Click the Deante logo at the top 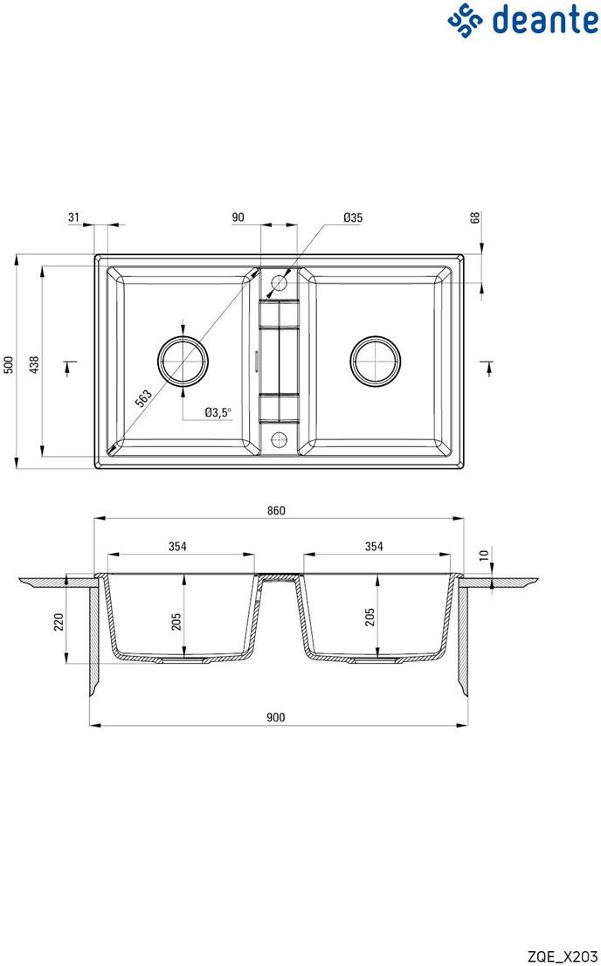click(522, 19)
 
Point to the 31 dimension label click(74, 217)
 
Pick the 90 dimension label click(238, 217)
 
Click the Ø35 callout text click(353, 217)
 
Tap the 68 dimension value click(474, 218)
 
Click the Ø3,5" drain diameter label click(218, 413)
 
